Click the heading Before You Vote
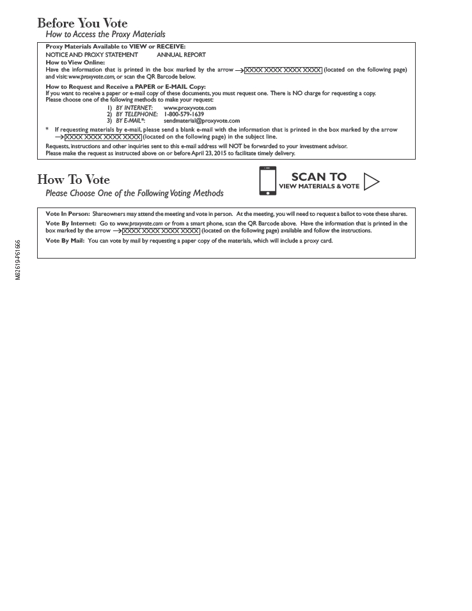click(x=82, y=24)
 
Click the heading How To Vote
click(x=73, y=179)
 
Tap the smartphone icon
click(x=268, y=181)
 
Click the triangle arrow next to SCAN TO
click(x=371, y=182)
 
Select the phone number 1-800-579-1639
click(x=184, y=114)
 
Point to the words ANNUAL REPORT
click(x=181, y=55)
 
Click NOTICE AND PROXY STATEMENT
click(x=91, y=55)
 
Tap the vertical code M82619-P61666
click(x=18, y=260)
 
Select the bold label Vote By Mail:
click(x=66, y=241)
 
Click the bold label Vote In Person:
click(x=68, y=213)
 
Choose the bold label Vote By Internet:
click(x=71, y=223)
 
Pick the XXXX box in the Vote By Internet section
click(x=161, y=230)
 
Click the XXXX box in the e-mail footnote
click(x=102, y=137)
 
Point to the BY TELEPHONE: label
click(x=136, y=114)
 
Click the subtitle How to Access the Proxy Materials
click(x=105, y=34)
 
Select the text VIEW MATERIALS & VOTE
click(x=319, y=186)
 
